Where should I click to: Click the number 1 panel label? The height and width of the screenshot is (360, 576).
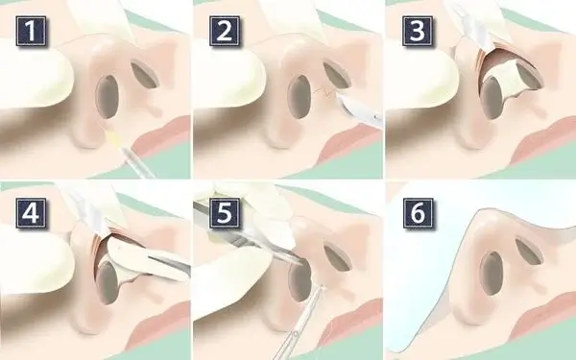[31, 31]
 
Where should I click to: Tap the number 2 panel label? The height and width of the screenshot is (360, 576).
[225, 31]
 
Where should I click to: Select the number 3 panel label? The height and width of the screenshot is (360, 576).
[418, 31]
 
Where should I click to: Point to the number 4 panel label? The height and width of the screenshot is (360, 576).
[31, 213]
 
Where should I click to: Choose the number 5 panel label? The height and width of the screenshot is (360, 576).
[225, 213]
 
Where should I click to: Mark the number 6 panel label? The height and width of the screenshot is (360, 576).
[418, 213]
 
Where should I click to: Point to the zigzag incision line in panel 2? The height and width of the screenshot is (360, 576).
[324, 91]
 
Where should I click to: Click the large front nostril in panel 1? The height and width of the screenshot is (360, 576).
[108, 97]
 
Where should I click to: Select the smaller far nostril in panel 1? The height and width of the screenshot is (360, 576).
[145, 75]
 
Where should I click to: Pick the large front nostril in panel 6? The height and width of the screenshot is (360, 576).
[492, 274]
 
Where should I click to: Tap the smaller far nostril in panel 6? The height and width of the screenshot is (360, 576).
[529, 252]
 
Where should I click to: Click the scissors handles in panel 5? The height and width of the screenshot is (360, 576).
[289, 342]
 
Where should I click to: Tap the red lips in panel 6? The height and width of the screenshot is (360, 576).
[543, 312]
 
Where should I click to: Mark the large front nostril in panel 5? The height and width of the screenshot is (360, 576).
[300, 280]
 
